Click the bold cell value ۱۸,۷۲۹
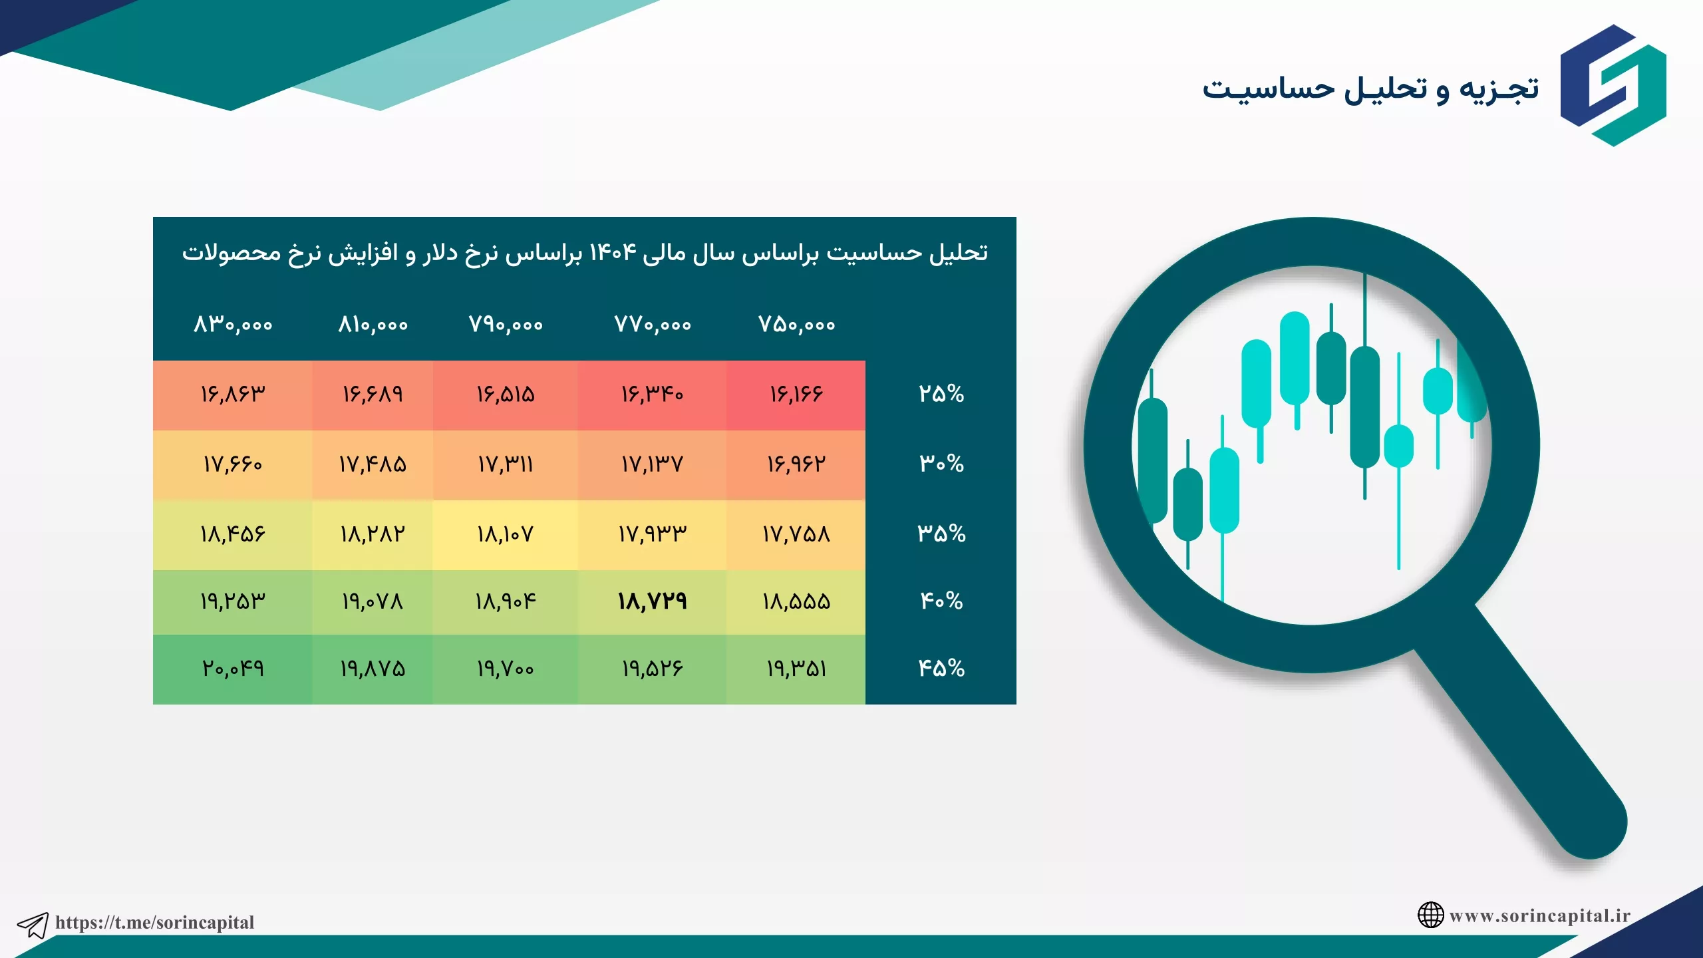click(652, 601)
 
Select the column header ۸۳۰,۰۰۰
click(233, 325)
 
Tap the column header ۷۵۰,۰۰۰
click(796, 325)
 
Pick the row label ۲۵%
click(941, 394)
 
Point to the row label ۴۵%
click(941, 668)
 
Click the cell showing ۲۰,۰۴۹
click(233, 668)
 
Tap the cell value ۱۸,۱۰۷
click(505, 534)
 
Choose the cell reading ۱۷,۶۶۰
click(233, 464)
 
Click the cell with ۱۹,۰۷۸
click(373, 601)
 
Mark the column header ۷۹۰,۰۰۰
click(506, 325)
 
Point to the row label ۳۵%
click(941, 534)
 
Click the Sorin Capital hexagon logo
click(1613, 85)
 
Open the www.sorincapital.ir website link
click(1539, 915)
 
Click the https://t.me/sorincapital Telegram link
click(154, 922)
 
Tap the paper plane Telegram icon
click(33, 925)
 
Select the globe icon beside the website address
click(1430, 915)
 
